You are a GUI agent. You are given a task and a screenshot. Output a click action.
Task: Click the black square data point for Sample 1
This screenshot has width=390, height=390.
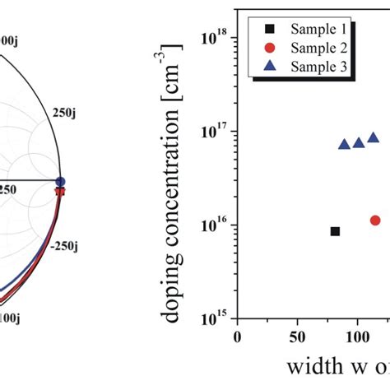[x=335, y=231]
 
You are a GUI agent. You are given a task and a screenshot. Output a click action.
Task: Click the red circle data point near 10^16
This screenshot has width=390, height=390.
[x=375, y=221]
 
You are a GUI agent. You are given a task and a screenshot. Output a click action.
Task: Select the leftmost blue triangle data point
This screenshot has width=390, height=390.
[x=344, y=144]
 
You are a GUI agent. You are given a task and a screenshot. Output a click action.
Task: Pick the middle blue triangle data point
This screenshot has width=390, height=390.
[x=359, y=142]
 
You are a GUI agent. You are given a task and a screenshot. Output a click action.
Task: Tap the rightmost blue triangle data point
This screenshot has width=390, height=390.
[x=373, y=138]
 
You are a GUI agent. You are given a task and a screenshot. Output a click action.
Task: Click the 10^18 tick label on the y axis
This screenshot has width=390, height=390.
[x=216, y=36]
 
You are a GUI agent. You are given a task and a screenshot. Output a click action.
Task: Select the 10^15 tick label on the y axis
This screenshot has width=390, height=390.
[x=216, y=318]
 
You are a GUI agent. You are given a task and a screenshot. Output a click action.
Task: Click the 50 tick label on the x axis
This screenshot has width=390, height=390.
[x=297, y=337]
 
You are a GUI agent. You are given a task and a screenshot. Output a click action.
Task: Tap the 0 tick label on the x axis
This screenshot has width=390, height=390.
[x=238, y=337]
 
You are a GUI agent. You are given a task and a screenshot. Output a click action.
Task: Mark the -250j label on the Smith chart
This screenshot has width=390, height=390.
[x=67, y=245]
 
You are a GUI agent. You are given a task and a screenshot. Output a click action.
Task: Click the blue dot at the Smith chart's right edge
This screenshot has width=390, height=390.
[x=60, y=182]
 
